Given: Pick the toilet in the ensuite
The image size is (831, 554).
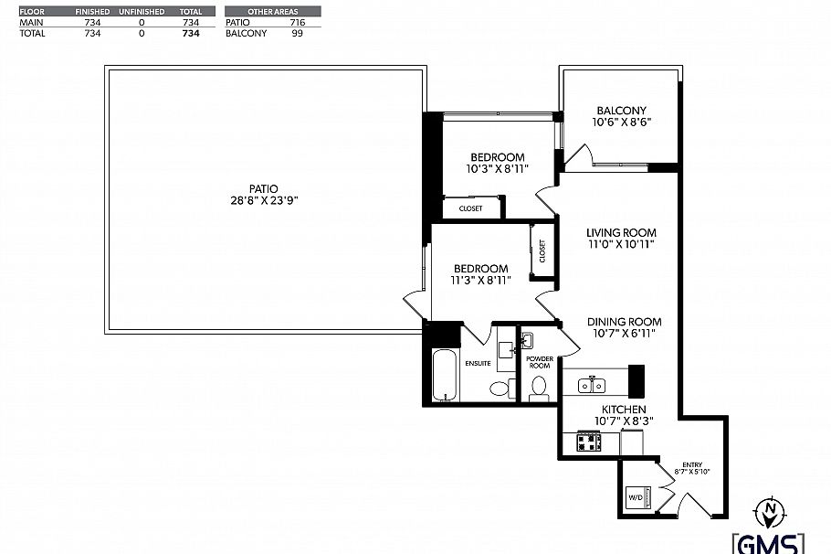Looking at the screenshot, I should click(x=500, y=388).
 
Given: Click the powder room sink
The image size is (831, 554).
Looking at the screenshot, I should click(x=527, y=342).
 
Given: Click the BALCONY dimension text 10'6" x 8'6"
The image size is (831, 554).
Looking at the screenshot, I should click(x=621, y=122).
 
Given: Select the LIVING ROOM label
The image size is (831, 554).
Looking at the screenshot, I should click(x=621, y=232).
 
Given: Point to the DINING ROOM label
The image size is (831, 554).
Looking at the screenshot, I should click(x=624, y=322).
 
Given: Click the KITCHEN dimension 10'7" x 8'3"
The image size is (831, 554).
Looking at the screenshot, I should click(x=624, y=421).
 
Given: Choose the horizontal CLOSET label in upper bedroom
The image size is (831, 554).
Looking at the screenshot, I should click(x=470, y=208).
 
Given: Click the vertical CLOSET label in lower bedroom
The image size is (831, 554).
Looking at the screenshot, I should click(x=542, y=251).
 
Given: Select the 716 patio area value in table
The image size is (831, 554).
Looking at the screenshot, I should click(x=297, y=21).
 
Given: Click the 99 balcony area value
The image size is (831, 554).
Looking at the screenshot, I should click(x=297, y=33).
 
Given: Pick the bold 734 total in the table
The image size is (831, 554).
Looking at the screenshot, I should click(x=191, y=33).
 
